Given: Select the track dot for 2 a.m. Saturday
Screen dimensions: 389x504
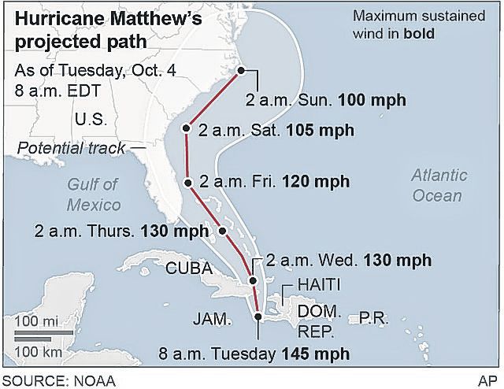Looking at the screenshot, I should [187, 128].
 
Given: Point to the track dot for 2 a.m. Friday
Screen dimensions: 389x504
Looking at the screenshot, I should [188, 183].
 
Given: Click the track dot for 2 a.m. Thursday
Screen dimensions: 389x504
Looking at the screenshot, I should [222, 231].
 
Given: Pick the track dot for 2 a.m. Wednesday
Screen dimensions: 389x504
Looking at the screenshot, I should [253, 280].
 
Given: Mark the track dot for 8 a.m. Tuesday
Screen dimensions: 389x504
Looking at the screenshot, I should [258, 317].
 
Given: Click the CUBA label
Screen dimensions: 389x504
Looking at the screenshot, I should [190, 268].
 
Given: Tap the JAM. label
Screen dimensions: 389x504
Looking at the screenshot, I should [213, 320].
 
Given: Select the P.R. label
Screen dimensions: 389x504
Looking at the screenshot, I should [373, 317].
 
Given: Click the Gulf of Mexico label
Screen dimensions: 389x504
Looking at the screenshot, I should [93, 194].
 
